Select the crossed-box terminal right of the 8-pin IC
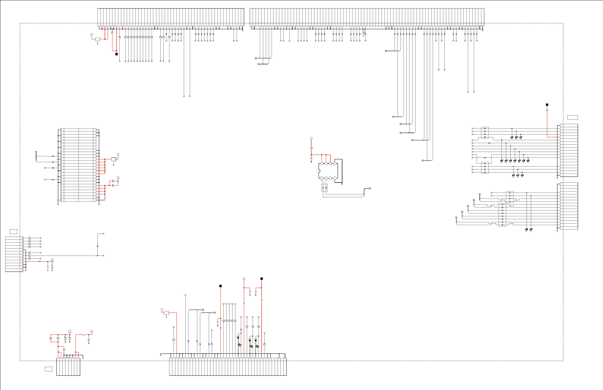coord(370,188)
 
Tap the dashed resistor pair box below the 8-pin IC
coord(325,188)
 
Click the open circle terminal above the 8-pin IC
coord(311,138)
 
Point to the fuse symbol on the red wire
coord(82,335)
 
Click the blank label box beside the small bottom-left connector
coord(49,369)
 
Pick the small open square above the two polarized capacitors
coord(70,331)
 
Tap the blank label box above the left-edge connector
coord(13,231)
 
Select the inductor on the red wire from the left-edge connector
coord(40,261)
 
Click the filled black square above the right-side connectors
coord(547,105)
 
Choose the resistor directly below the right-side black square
coord(547,110)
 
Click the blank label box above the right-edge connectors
coord(573,117)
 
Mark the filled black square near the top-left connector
coord(117,54)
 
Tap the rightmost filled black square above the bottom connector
coord(262,279)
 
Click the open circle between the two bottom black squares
coord(244,279)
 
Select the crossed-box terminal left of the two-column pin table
coord(36,152)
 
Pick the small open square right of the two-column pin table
coord(118,178)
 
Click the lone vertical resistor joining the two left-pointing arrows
coord(98,246)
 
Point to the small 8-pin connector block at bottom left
coord(68,367)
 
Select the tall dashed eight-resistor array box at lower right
coord(502,215)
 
